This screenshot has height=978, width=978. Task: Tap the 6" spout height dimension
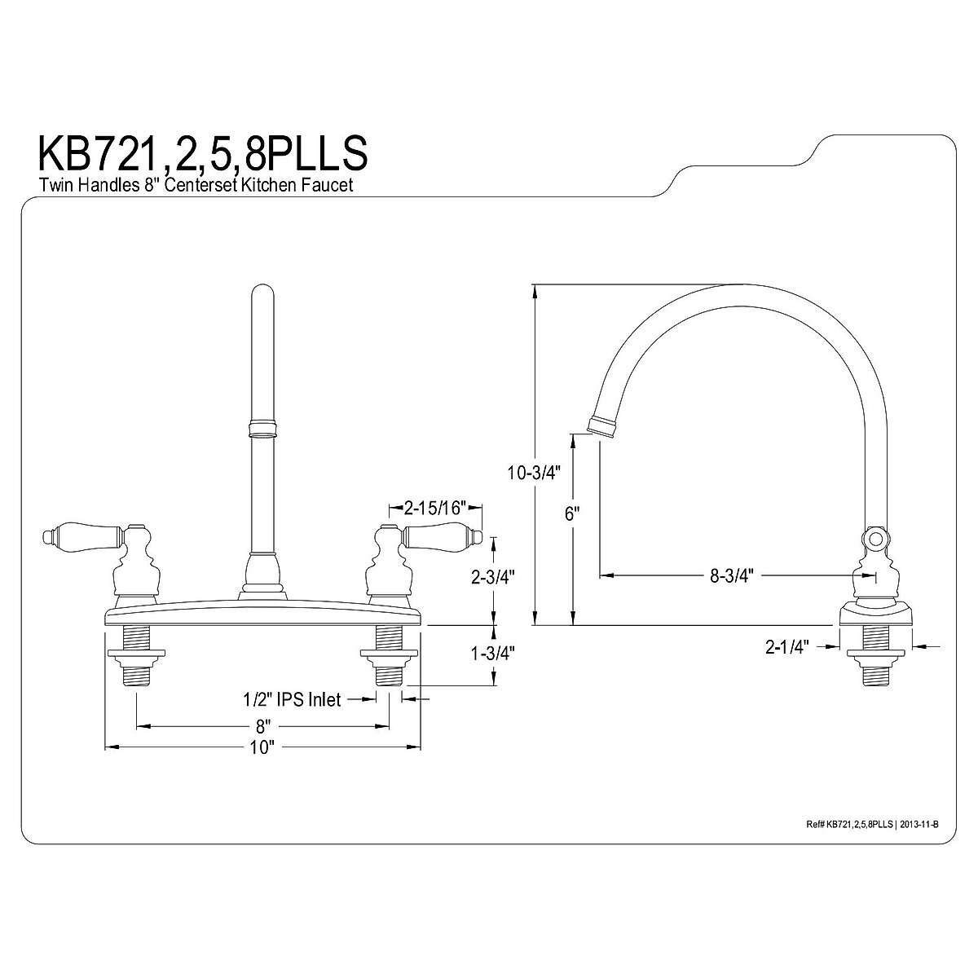(573, 513)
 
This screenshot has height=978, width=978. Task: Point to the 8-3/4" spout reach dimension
(730, 575)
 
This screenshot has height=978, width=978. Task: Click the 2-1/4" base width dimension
(786, 647)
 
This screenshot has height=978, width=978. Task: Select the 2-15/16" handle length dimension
(434, 509)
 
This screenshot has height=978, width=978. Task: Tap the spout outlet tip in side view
(600, 425)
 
